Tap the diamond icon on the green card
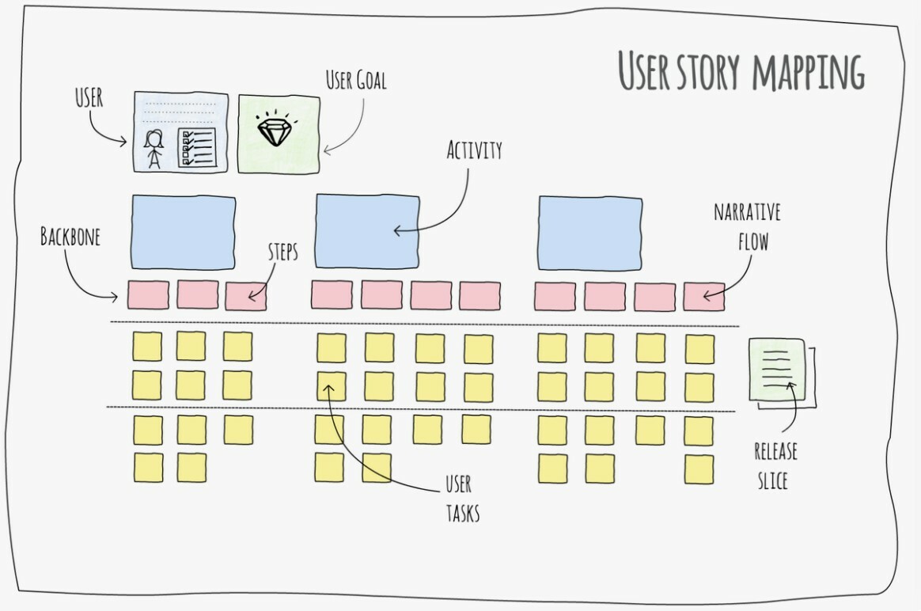274,131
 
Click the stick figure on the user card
153,148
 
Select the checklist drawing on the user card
195,147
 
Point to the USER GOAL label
356,80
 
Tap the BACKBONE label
70,236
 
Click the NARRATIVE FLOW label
747,226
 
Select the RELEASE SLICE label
775,465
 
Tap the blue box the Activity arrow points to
367,230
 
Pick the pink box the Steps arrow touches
245,296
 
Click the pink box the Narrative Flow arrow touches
704,296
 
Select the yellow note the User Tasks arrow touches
332,385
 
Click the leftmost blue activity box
183,230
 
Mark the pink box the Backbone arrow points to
147,294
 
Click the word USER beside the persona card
89,98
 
